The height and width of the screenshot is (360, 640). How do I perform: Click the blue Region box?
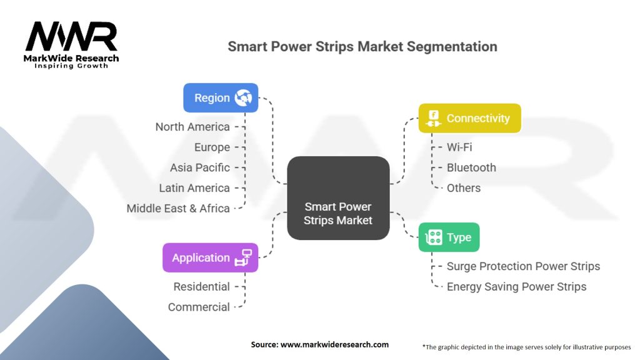click(221, 98)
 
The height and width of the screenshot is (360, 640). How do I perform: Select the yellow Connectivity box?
click(470, 118)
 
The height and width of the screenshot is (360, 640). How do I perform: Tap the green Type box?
click(449, 237)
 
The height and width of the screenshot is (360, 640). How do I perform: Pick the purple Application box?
click(210, 257)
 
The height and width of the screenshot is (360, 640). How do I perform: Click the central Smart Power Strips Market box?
click(338, 198)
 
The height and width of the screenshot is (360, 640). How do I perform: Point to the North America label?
click(192, 127)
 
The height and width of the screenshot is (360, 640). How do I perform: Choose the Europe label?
click(212, 147)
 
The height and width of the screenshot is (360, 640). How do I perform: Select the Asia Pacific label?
click(200, 167)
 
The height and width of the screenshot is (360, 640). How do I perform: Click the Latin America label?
click(194, 188)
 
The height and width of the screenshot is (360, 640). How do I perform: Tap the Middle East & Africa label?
click(178, 209)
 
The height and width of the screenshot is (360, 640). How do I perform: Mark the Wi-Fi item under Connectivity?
click(459, 147)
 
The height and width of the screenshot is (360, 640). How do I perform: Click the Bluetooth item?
click(471, 167)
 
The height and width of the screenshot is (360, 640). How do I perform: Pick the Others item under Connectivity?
click(464, 188)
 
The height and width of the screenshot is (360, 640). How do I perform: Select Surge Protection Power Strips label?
click(523, 266)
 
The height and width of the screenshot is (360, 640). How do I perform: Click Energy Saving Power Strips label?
click(516, 287)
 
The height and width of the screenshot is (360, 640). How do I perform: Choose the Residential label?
click(202, 287)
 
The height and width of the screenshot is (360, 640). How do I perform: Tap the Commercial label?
click(199, 307)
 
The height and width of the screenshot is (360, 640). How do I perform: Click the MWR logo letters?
click(71, 37)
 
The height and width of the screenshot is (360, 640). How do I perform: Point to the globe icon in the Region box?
click(243, 98)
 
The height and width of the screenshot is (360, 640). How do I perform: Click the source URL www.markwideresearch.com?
click(335, 344)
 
